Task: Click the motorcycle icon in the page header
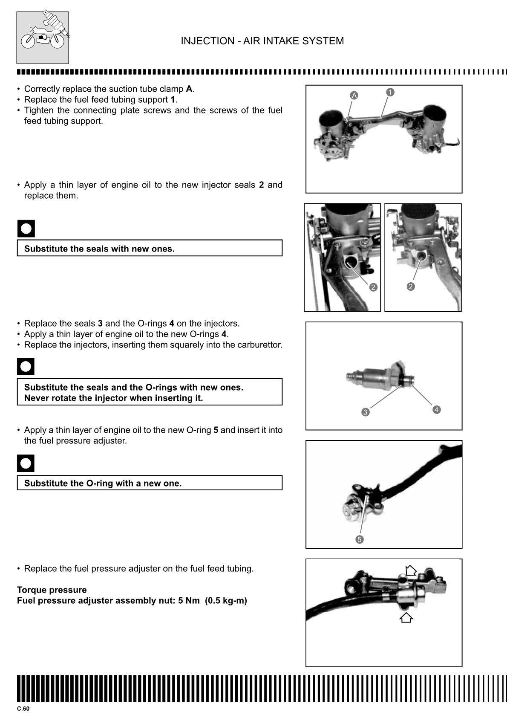[x=43, y=38]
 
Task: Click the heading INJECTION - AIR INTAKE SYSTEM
[x=262, y=41]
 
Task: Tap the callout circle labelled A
[x=354, y=96]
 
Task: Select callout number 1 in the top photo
[x=390, y=92]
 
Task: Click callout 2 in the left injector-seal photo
[x=373, y=287]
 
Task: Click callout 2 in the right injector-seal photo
[x=410, y=287]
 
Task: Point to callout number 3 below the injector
[x=365, y=412]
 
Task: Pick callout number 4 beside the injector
[x=436, y=410]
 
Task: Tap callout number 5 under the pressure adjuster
[x=359, y=539]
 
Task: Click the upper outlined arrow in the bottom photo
[x=411, y=570]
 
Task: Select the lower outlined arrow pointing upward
[x=406, y=617]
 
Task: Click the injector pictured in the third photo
[x=379, y=376]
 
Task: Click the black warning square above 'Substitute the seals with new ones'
[x=26, y=229]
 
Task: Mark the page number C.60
[x=23, y=709]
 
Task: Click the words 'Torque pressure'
[x=52, y=590]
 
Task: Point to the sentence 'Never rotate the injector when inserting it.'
[x=113, y=398]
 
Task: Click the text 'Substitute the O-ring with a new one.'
[x=103, y=483]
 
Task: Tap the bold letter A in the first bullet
[x=189, y=89]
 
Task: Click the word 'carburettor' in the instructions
[x=260, y=345]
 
